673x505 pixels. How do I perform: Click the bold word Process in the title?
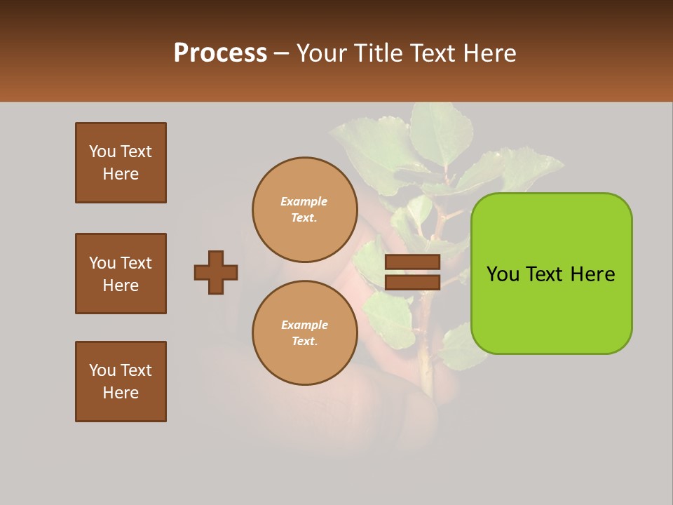click(220, 53)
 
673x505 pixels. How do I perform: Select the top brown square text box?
click(121, 163)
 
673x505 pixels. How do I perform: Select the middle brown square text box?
click(121, 274)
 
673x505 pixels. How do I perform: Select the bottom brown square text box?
click(121, 382)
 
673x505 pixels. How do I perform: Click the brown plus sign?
click(216, 272)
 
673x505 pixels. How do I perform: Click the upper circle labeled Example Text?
click(304, 210)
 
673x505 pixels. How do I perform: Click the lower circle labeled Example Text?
click(304, 333)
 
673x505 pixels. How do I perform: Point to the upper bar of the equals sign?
click(412, 262)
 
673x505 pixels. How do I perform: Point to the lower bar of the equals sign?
click(412, 282)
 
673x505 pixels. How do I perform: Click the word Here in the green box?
click(592, 274)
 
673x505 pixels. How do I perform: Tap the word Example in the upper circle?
click(304, 201)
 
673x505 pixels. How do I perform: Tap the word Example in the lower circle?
click(304, 325)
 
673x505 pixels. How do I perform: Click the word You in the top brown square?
click(102, 151)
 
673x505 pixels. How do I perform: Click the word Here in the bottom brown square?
click(121, 393)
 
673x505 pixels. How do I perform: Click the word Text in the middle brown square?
click(136, 263)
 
